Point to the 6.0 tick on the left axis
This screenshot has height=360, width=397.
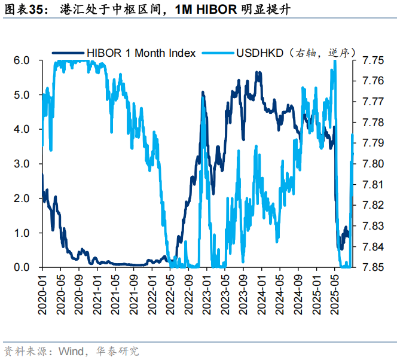tap(22, 60)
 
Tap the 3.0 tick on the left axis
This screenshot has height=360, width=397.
tap(22, 164)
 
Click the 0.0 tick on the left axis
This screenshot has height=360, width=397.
tap(22, 267)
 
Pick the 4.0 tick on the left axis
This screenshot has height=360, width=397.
tap(22, 129)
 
